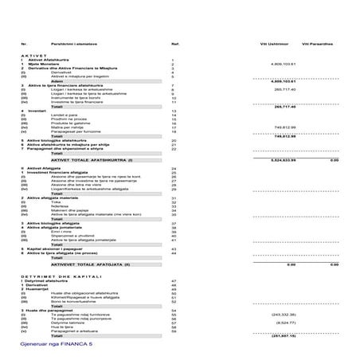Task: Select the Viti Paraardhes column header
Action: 317,43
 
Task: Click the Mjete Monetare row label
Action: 45,64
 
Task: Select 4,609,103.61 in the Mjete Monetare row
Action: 283,64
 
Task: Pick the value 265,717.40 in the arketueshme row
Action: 284,89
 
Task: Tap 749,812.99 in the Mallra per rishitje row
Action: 284,127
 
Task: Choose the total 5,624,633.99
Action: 284,159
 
